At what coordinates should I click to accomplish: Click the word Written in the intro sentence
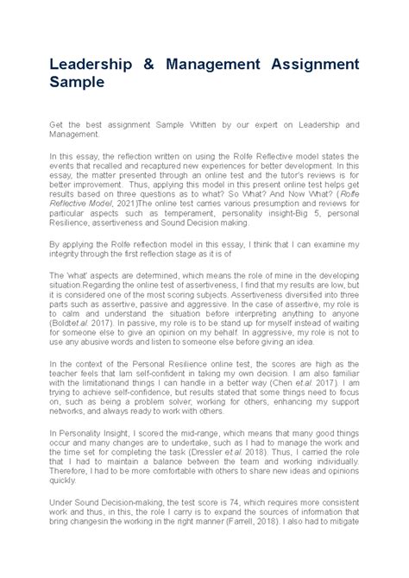tap(205, 125)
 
